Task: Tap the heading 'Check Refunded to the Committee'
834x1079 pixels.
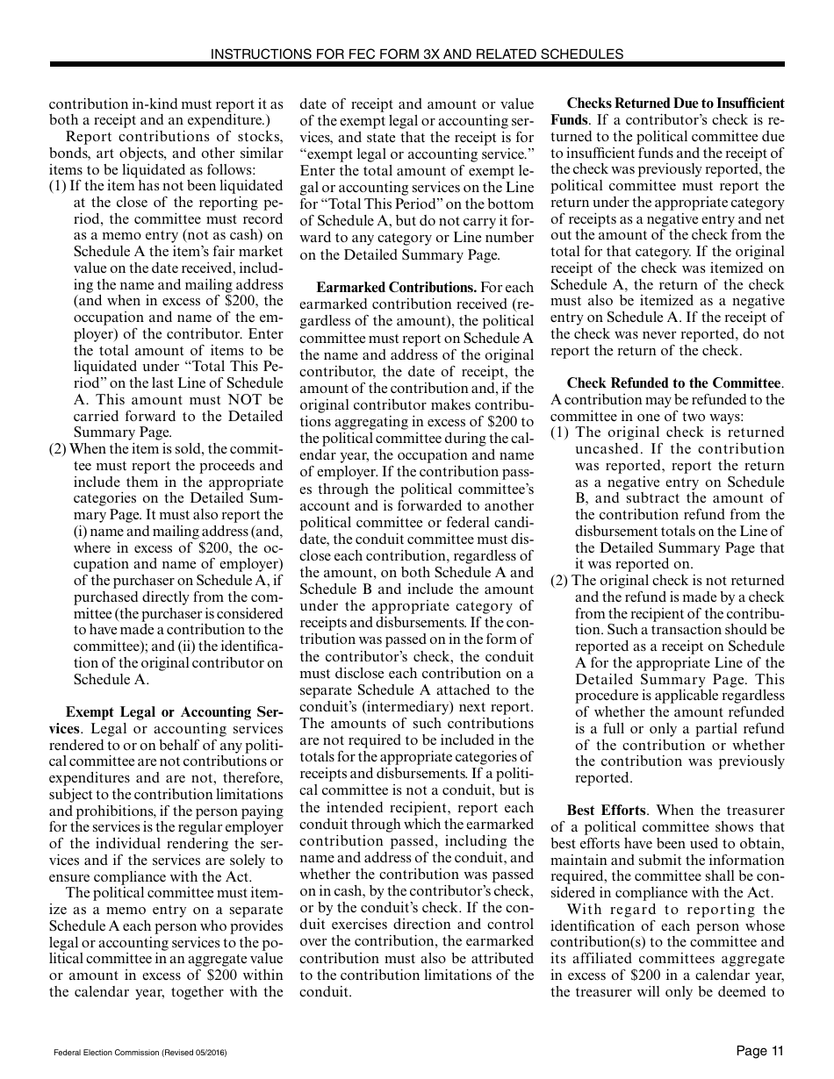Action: coord(674,383)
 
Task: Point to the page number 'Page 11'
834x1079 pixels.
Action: coord(759,1051)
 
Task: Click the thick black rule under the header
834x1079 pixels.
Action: coord(417,65)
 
